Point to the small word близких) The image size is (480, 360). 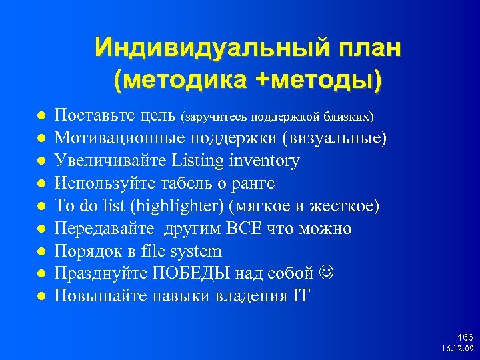coord(349,117)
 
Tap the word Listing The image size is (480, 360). coord(198,161)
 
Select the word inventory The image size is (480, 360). coord(265,161)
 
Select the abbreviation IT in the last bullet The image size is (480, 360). coord(301,296)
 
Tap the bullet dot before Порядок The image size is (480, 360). coord(41,252)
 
